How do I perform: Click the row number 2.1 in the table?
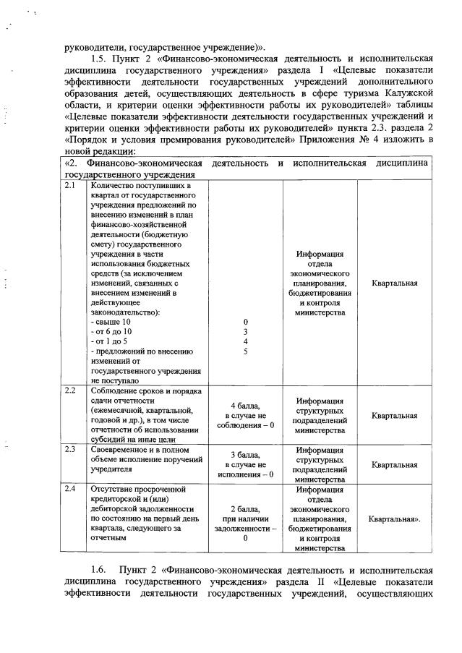click(x=70, y=186)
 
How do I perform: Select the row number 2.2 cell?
click(x=70, y=391)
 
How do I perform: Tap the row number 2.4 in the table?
click(x=70, y=490)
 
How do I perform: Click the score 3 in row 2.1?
click(x=245, y=330)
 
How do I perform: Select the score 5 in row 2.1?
click(x=245, y=351)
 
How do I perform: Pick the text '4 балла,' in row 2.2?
click(x=245, y=406)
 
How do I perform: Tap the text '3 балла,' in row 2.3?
click(x=245, y=455)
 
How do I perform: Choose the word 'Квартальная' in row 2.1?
click(x=395, y=283)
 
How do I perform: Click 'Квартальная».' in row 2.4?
click(x=395, y=518)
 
